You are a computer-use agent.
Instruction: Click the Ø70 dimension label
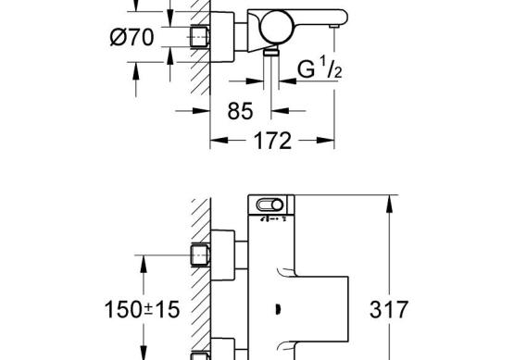(132, 37)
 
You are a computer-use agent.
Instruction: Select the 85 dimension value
(240, 111)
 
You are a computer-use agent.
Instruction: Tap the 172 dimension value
(272, 141)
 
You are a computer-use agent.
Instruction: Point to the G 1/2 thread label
(320, 68)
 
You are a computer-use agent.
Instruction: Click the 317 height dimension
(389, 309)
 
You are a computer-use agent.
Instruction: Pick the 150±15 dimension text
(142, 309)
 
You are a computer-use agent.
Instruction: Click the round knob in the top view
(276, 27)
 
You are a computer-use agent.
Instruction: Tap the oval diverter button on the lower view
(270, 205)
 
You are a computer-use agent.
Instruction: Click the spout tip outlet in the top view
(334, 26)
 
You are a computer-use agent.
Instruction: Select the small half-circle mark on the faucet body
(278, 309)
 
